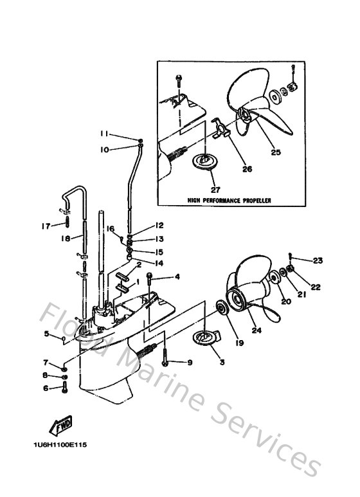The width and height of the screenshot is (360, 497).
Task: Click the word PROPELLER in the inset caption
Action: click(x=253, y=201)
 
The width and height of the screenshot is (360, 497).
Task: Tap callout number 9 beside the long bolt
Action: click(x=190, y=363)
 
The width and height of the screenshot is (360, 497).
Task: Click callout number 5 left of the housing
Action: click(x=46, y=333)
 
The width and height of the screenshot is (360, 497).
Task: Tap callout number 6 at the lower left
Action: click(x=46, y=388)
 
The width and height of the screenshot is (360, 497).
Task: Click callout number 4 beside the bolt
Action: click(x=177, y=278)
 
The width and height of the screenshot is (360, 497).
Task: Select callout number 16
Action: click(x=110, y=229)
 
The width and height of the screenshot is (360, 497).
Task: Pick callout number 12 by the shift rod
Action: click(x=158, y=226)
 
